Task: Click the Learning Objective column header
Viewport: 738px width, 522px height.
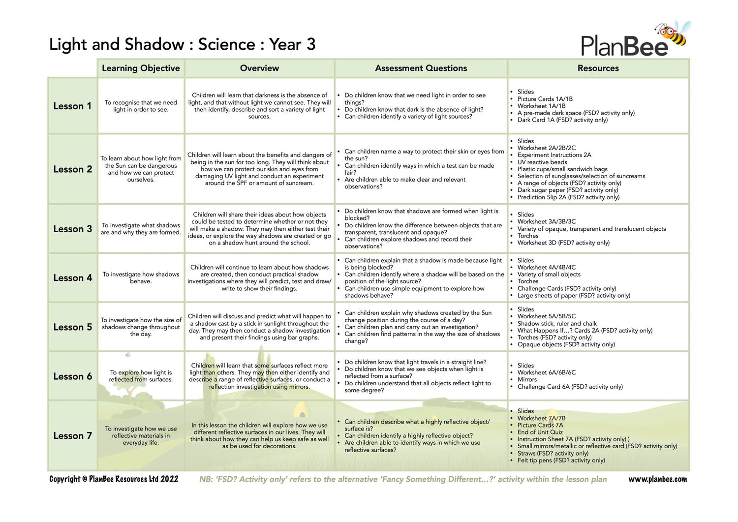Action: click(x=141, y=68)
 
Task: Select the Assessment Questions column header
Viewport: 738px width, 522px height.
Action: click(x=421, y=68)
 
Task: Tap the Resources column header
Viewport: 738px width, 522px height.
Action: click(x=598, y=68)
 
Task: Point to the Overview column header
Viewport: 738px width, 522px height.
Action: click(x=259, y=68)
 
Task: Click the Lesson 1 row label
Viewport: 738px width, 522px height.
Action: click(x=72, y=106)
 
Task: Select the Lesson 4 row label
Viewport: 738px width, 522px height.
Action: click(x=72, y=278)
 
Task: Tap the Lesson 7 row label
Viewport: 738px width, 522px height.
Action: click(x=72, y=436)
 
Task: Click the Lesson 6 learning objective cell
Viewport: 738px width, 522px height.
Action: click(x=141, y=376)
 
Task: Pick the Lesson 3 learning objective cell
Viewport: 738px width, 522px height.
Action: click(x=141, y=229)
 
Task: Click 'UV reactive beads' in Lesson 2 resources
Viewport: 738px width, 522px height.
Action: click(x=542, y=162)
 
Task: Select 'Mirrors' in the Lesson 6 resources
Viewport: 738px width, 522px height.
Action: click(x=527, y=380)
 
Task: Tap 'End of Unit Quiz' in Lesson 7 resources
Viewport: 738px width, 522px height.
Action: click(x=540, y=432)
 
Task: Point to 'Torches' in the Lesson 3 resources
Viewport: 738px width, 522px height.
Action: click(x=528, y=236)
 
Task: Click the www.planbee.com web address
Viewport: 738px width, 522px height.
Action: click(x=657, y=479)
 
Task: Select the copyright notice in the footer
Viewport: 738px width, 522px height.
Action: click(x=114, y=479)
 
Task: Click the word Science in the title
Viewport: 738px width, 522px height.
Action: click(x=226, y=45)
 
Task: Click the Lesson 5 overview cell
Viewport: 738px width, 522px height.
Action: click(x=259, y=327)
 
